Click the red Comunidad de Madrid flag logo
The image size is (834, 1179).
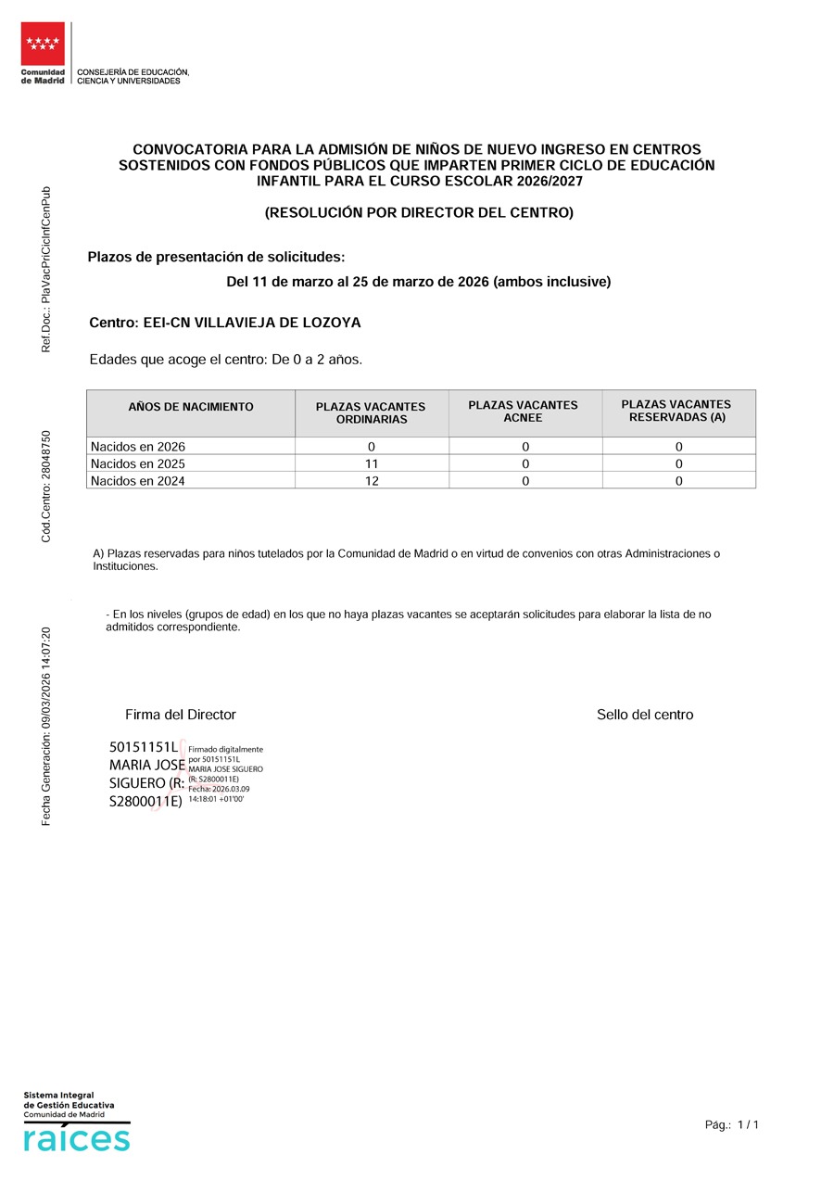43,44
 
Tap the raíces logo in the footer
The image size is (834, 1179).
77,1139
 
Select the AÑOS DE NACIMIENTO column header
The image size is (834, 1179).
191,407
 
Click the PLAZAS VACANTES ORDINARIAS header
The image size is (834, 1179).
371,413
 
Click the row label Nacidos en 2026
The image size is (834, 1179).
138,447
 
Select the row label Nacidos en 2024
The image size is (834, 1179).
138,481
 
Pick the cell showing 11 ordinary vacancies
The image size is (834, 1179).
372,463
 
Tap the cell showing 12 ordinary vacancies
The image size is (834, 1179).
372,481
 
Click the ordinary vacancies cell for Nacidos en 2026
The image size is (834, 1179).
372,447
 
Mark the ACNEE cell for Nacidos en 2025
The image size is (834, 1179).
525,463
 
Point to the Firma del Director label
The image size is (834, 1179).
181,715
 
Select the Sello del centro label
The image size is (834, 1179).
645,715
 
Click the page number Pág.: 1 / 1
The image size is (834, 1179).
732,1125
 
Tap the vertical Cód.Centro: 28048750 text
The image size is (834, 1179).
46,487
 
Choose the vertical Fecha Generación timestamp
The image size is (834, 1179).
46,727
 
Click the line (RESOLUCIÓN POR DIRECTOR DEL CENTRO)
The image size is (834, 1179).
419,213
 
